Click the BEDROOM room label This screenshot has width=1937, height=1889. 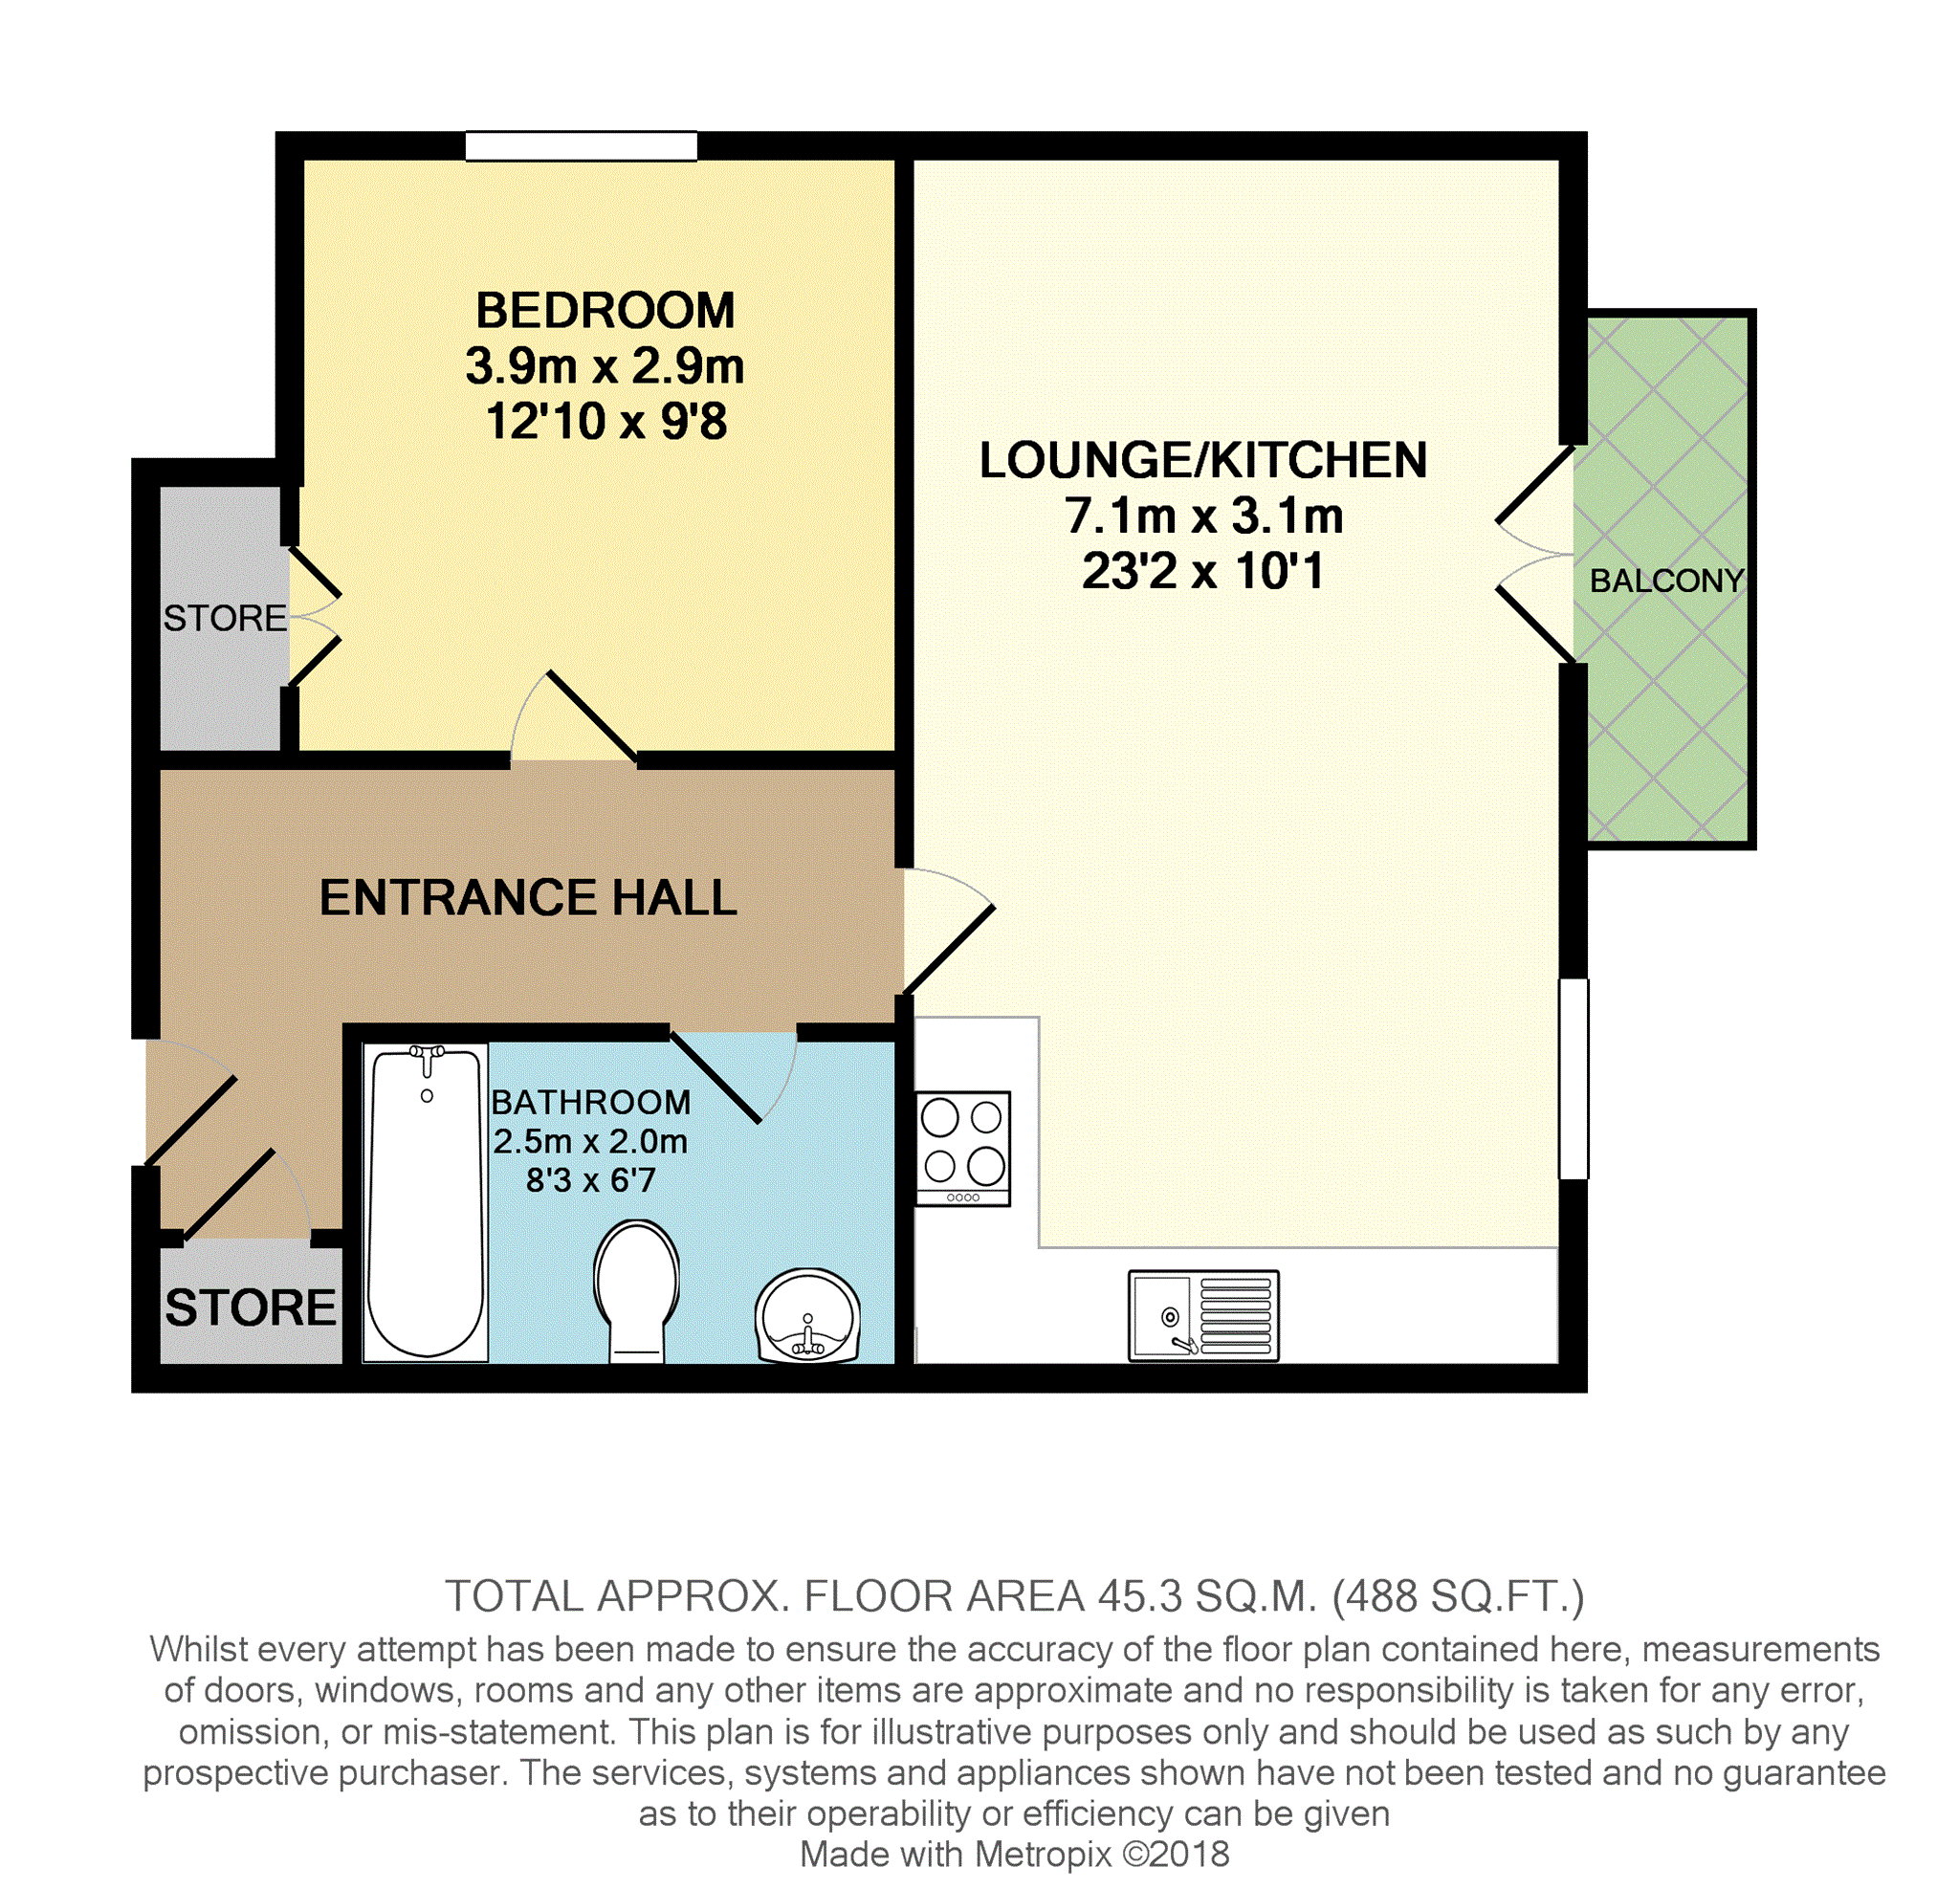[x=605, y=312]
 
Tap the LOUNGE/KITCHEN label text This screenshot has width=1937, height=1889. [x=1202, y=461]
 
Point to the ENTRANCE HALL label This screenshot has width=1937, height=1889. [x=528, y=898]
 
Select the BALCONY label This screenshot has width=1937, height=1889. [x=1666, y=582]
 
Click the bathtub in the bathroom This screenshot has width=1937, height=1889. [x=426, y=1202]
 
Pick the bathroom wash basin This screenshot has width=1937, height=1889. [x=806, y=1316]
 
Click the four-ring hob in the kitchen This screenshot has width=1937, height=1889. [x=962, y=1149]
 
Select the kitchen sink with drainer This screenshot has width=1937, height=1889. [x=1203, y=1315]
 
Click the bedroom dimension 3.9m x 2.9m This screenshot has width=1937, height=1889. [x=605, y=367]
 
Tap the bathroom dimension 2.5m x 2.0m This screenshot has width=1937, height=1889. [x=589, y=1142]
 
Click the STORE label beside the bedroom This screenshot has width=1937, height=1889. [x=224, y=619]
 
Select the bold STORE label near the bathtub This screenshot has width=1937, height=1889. [x=250, y=1307]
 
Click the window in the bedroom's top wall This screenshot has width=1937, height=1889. [x=582, y=145]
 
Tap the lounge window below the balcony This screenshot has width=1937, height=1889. [x=1574, y=1080]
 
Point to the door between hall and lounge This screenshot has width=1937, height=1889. [x=948, y=950]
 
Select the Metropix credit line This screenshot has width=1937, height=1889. [x=1014, y=1855]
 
